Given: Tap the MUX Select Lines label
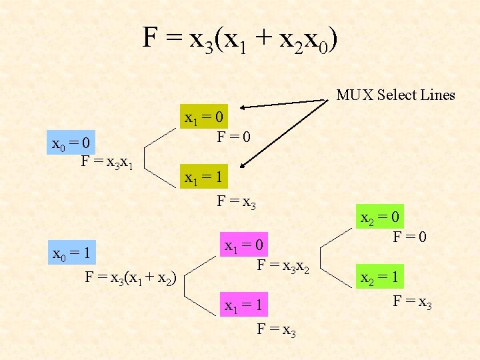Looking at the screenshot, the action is (x=395, y=95).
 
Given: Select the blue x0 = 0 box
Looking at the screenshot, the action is (x=72, y=143).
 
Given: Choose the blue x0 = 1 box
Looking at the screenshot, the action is (x=72, y=253).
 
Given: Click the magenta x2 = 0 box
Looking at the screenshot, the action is (x=381, y=217).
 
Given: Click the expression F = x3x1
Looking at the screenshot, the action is (x=108, y=162).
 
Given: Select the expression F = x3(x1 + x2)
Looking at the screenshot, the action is (x=130, y=279).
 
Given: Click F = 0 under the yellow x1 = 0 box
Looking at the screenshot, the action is (x=233, y=138).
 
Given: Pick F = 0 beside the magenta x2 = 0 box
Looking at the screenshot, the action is (x=409, y=236).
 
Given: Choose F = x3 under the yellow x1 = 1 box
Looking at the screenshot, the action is (x=237, y=201).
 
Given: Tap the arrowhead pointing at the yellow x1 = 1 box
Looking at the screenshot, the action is (x=244, y=167).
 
